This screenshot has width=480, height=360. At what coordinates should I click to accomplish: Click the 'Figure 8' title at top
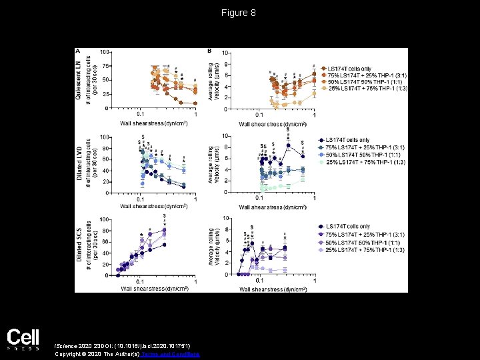point(239,13)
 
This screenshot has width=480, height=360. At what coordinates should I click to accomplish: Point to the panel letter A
point(78,51)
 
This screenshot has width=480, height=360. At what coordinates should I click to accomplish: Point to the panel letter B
point(210,51)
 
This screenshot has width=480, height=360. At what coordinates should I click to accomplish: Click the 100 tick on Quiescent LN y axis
point(104,52)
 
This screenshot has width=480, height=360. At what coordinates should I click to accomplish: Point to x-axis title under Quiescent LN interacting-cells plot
point(153,123)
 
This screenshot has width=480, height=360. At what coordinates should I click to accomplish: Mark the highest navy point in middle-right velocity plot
point(288,145)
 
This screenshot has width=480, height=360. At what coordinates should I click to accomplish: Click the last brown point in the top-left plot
point(195,103)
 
